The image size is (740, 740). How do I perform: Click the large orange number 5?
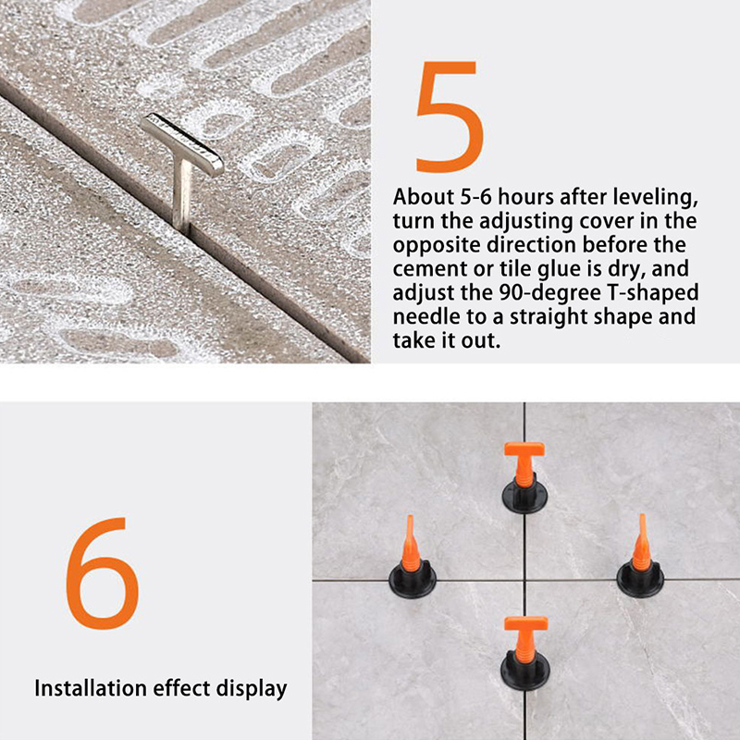point(450,117)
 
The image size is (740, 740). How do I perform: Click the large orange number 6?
point(103,573)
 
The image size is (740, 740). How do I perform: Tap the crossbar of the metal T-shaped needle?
point(182,143)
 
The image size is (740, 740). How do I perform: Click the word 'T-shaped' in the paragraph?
point(653,293)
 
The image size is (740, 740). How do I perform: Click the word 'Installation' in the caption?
point(90,688)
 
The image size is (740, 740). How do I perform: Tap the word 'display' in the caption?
point(252,689)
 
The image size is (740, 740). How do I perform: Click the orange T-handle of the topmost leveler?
point(524,463)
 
